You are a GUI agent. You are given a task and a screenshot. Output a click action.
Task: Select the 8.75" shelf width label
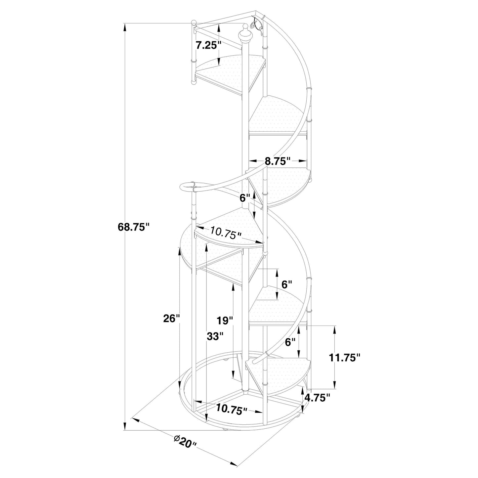tap(278, 161)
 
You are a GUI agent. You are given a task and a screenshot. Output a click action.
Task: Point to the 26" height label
tap(171, 318)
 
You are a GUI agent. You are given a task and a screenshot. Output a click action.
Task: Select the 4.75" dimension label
tap(318, 398)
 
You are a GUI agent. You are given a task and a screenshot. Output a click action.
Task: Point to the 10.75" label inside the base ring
tap(232, 409)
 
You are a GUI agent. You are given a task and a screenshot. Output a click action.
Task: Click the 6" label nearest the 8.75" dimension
tap(245, 198)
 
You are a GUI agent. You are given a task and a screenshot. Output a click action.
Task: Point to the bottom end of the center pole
tap(245, 390)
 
